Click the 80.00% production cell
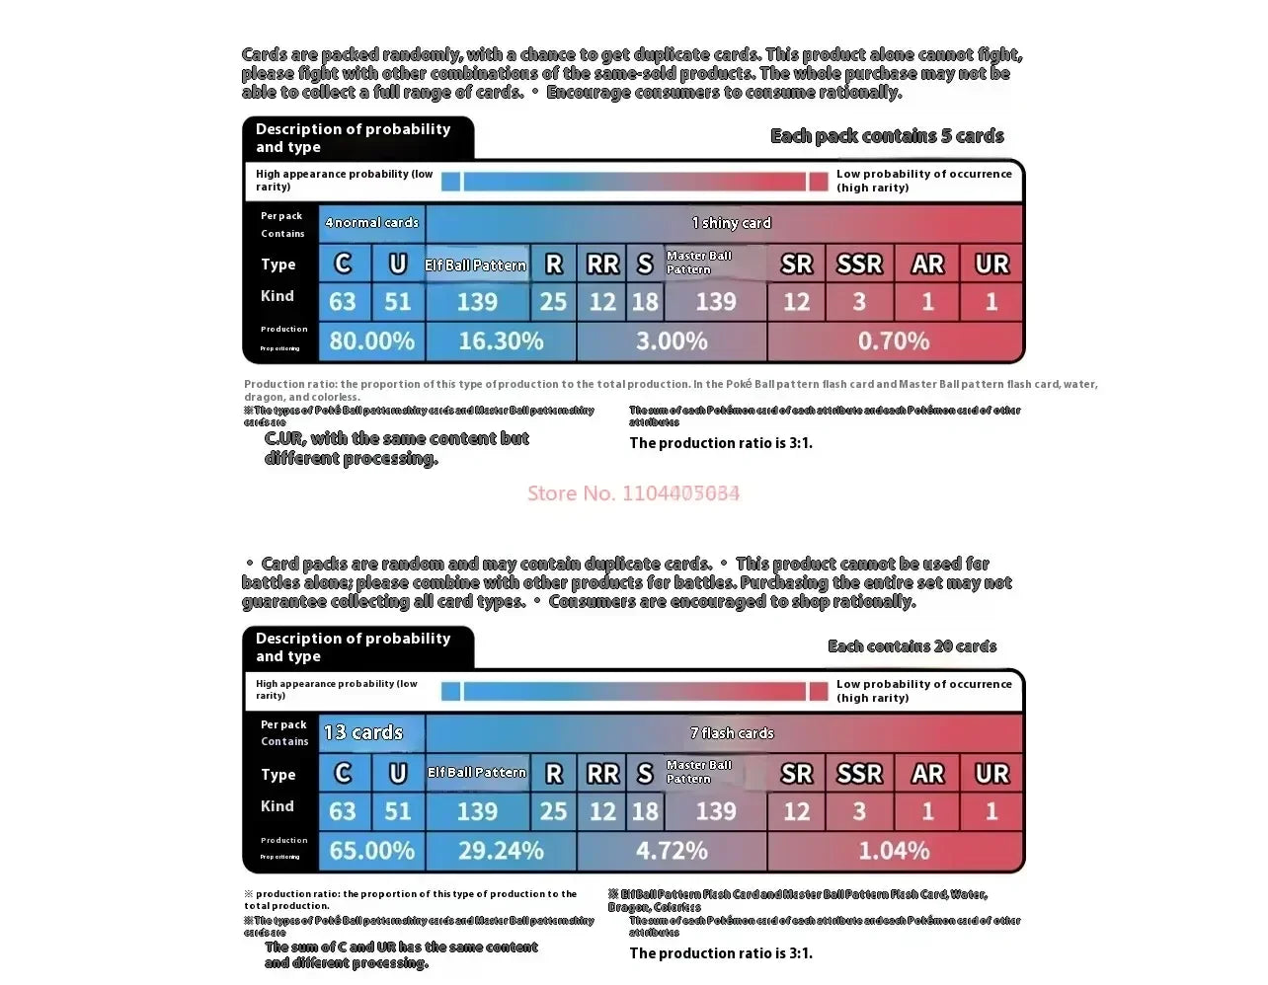[371, 341]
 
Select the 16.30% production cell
[501, 341]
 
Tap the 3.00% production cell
[672, 341]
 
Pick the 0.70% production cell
[894, 341]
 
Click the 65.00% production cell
[371, 851]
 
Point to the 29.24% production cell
[501, 851]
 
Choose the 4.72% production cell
[672, 851]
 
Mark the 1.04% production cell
[894, 851]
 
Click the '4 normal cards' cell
[371, 223]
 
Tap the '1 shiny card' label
[731, 223]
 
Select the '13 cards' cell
[363, 732]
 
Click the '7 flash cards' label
[732, 733]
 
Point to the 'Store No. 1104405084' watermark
[633, 493]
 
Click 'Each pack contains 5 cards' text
[887, 136]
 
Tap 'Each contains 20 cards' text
[911, 646]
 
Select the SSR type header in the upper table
[859, 265]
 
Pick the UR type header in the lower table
[991, 775]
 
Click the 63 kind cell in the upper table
[343, 302]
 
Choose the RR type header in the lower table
[602, 775]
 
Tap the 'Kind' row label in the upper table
[277, 296]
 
